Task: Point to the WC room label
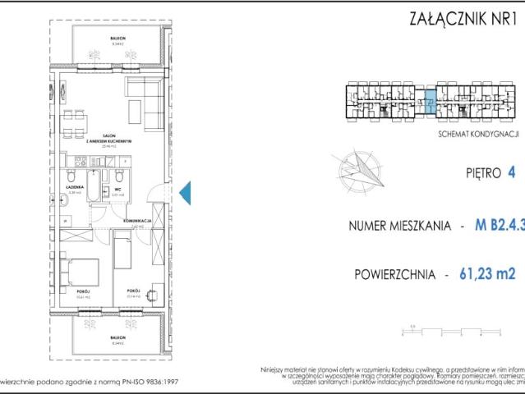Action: point(117,189)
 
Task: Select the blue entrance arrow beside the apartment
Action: point(185,192)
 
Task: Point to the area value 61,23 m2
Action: point(487,274)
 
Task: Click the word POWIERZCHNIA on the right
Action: point(390,275)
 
